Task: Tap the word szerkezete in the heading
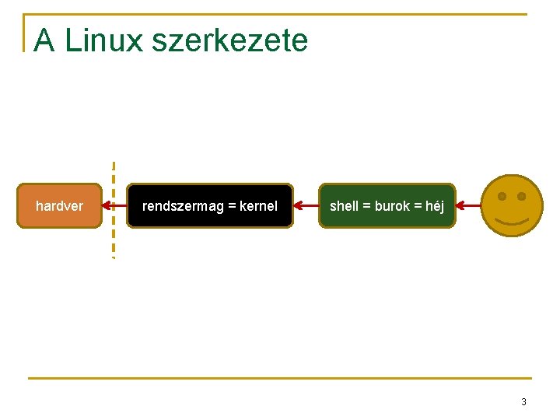[230, 40]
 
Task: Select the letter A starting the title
[44, 40]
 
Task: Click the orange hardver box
[60, 206]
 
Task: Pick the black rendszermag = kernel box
[210, 206]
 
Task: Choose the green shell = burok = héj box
[387, 206]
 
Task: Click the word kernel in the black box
[258, 206]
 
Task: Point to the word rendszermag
[183, 206]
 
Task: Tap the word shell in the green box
[344, 206]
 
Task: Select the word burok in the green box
[391, 206]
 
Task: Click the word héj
[434, 206]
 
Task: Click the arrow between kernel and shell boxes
[306, 206]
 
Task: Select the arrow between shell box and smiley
[468, 206]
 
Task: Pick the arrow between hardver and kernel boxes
[117, 206]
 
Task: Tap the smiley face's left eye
[502, 196]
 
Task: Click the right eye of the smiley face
[522, 196]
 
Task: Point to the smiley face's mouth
[512, 222]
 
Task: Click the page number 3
[523, 402]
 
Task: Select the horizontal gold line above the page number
[280, 379]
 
